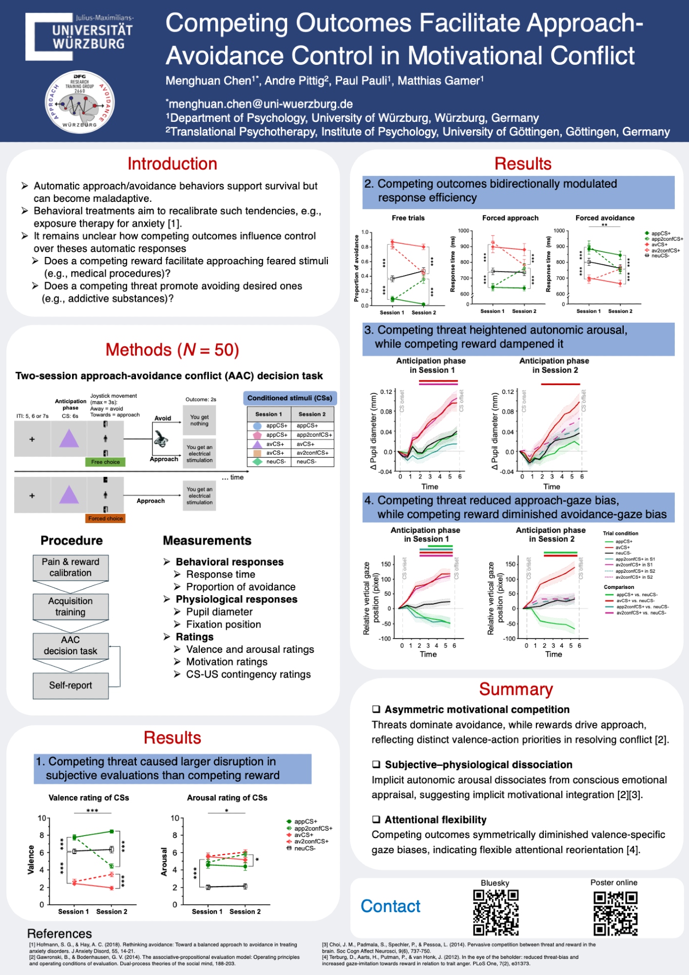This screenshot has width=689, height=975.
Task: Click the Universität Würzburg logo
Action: pyautogui.click(x=79, y=36)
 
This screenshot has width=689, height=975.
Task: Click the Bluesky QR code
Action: pyautogui.click(x=495, y=912)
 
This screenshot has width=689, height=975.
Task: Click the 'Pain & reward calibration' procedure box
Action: pyautogui.click(x=71, y=567)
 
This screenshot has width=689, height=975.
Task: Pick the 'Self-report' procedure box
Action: pyautogui.click(x=71, y=685)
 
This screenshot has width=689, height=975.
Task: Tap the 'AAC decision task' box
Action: pyautogui.click(x=71, y=645)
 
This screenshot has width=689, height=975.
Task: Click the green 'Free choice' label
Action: pyautogui.click(x=105, y=462)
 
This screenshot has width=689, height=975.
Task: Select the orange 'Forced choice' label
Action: pyautogui.click(x=105, y=518)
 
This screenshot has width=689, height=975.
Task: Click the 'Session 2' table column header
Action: pyautogui.click(x=312, y=414)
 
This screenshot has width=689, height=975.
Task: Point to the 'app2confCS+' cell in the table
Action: pyautogui.click(x=314, y=435)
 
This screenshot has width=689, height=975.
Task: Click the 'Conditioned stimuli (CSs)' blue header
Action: pyautogui.click(x=289, y=398)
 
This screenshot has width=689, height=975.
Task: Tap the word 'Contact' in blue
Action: pyautogui.click(x=390, y=906)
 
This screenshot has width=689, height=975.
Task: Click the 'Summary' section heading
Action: pyautogui.click(x=516, y=689)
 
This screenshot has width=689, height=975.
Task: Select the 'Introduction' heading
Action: pyautogui.click(x=172, y=164)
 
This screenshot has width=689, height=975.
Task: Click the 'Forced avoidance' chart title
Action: pyautogui.click(x=605, y=218)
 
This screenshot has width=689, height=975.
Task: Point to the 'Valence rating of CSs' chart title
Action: pyautogui.click(x=89, y=798)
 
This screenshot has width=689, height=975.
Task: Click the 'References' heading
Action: pyautogui.click(x=59, y=934)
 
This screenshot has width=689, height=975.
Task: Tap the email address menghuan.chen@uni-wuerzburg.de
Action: pyautogui.click(x=261, y=104)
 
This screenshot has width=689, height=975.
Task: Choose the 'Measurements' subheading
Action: pyautogui.click(x=207, y=541)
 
